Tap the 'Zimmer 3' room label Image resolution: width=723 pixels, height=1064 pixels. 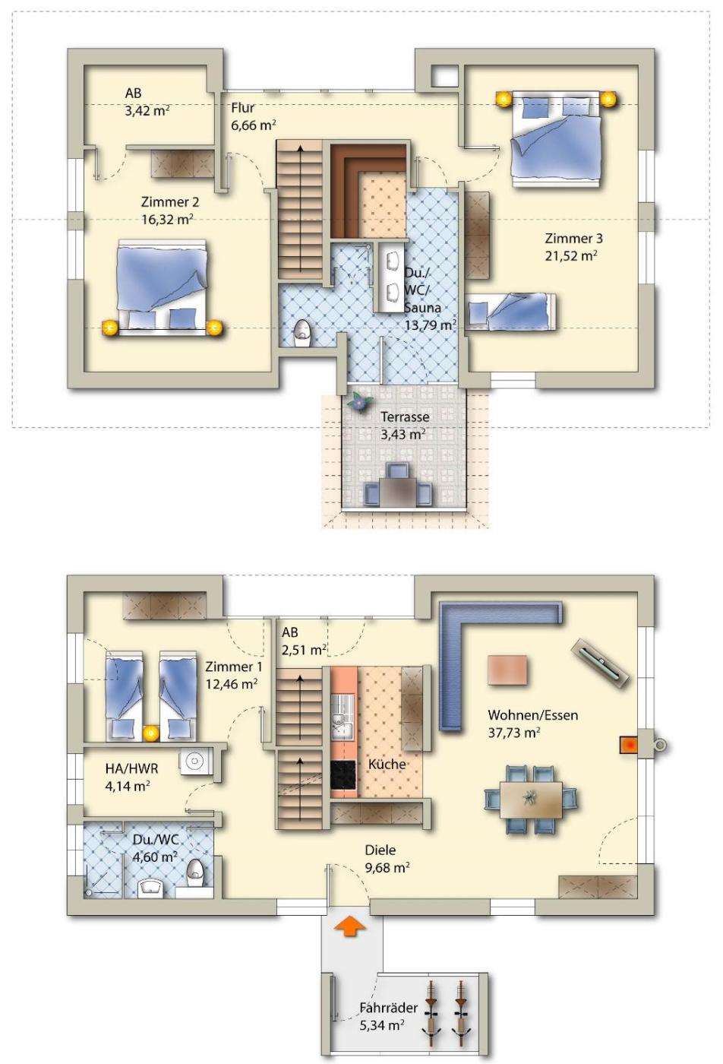click(x=573, y=238)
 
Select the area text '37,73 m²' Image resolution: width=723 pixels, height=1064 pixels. click(x=514, y=733)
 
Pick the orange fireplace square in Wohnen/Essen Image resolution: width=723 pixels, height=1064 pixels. click(x=628, y=744)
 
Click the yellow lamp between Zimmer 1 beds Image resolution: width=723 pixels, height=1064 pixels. click(x=151, y=733)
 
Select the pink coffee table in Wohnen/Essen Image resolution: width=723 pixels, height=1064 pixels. click(x=507, y=670)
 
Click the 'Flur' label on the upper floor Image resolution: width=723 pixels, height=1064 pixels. click(x=242, y=108)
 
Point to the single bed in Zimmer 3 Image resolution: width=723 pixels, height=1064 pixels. click(x=512, y=312)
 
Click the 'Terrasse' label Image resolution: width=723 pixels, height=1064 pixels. click(x=405, y=416)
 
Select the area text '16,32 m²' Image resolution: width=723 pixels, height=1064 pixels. click(x=167, y=220)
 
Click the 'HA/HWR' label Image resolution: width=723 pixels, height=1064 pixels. click(x=131, y=768)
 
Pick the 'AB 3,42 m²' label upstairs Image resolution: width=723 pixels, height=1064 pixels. click(x=147, y=102)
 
